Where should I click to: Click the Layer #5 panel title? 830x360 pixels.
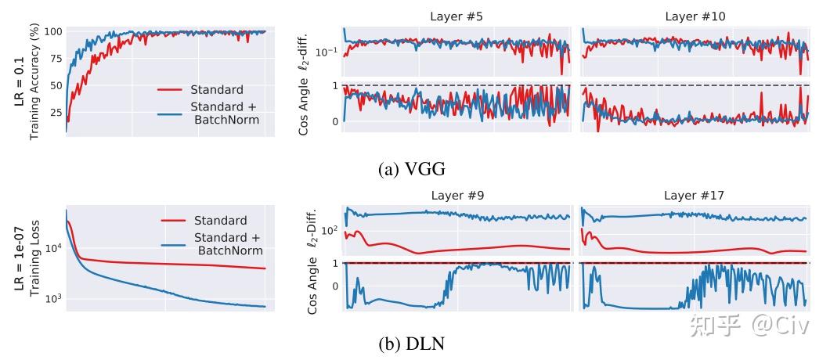pos(457,16)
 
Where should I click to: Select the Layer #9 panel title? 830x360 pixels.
pos(457,196)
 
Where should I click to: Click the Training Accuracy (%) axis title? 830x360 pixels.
pos(34,81)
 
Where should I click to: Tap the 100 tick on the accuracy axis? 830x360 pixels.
pos(53,32)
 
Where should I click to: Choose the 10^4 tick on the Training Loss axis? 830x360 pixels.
pos(53,247)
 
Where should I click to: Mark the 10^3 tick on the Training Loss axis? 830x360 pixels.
pos(53,299)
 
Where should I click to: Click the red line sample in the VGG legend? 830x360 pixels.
pos(171,90)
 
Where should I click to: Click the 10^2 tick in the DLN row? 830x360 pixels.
pos(329,231)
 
